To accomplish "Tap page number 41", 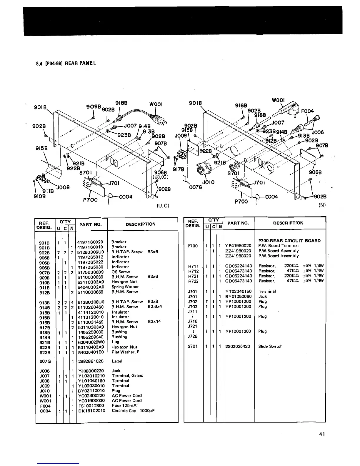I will click(322, 434).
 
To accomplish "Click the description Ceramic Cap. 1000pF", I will click(133, 411).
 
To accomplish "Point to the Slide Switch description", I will click(270, 346).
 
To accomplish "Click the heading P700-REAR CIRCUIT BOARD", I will click(289, 241).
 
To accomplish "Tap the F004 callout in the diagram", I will click(307, 111).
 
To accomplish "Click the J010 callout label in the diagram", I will click(209, 182).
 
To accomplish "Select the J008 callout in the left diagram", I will click(63, 187).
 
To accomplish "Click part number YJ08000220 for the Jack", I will click(91, 371).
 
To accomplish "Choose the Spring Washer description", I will click(125, 287).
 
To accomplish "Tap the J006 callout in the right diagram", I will click(318, 132).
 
